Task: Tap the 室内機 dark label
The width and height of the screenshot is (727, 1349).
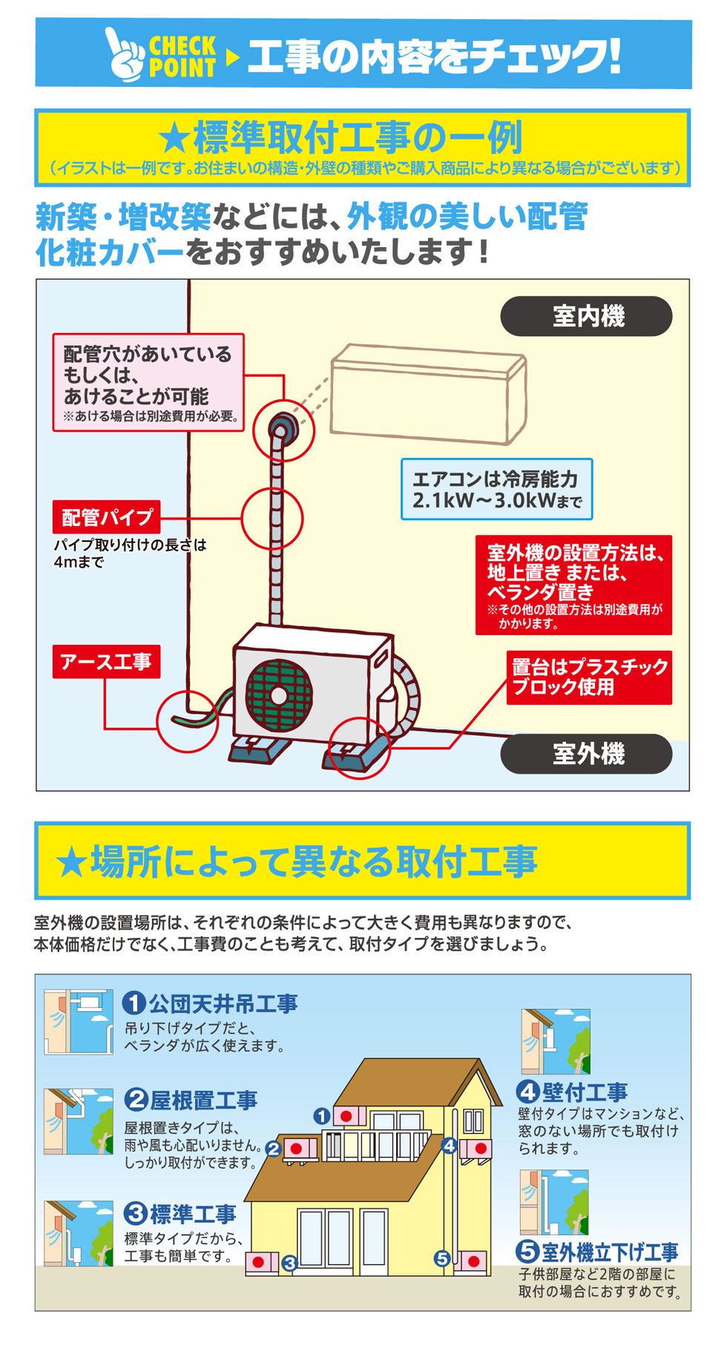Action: pyautogui.click(x=586, y=316)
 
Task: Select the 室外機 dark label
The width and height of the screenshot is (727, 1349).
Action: pyautogui.click(x=586, y=754)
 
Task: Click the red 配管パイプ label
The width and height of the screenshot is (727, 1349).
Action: pyautogui.click(x=107, y=516)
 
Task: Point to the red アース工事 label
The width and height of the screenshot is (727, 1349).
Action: pyautogui.click(x=106, y=661)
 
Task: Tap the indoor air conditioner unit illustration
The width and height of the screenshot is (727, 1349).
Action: pyautogui.click(x=429, y=393)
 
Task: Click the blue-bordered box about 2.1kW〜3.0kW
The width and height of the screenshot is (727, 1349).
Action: pyautogui.click(x=496, y=489)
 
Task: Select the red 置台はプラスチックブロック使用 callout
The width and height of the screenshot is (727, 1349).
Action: pyautogui.click(x=589, y=677)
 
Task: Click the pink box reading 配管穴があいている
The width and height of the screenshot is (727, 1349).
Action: pyautogui.click(x=148, y=382)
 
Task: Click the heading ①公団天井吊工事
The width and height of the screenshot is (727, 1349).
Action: pyautogui.click(x=211, y=1003)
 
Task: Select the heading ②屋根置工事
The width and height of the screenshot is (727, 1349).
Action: pyautogui.click(x=191, y=1100)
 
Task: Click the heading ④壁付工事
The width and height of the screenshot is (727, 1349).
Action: pyautogui.click(x=573, y=1092)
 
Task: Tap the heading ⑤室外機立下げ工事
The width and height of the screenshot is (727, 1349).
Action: pyautogui.click(x=597, y=1252)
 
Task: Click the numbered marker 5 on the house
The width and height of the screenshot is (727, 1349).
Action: pyautogui.click(x=442, y=1258)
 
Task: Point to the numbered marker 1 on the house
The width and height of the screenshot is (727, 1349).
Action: pyautogui.click(x=321, y=1116)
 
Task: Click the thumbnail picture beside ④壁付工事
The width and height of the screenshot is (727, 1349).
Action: pyautogui.click(x=556, y=1041)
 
